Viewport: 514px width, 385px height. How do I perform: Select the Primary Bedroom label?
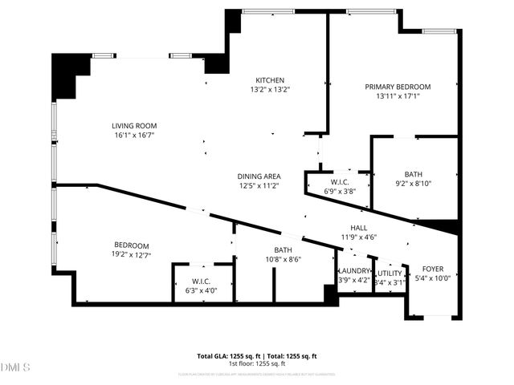click(x=398, y=87)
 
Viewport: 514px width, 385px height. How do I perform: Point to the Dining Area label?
click(x=258, y=176)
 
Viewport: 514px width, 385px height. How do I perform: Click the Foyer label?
click(x=433, y=269)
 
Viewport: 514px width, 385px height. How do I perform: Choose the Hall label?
click(x=358, y=227)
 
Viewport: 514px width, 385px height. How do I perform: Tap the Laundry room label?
click(x=354, y=272)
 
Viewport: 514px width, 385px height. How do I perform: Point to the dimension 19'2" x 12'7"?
click(x=131, y=255)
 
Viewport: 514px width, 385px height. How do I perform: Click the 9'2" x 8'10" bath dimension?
click(x=414, y=184)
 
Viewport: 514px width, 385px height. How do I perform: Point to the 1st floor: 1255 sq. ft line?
click(x=257, y=363)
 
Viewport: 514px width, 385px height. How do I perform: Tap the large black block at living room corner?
click(x=67, y=71)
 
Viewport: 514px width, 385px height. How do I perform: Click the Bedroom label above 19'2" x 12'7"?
click(x=131, y=245)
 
